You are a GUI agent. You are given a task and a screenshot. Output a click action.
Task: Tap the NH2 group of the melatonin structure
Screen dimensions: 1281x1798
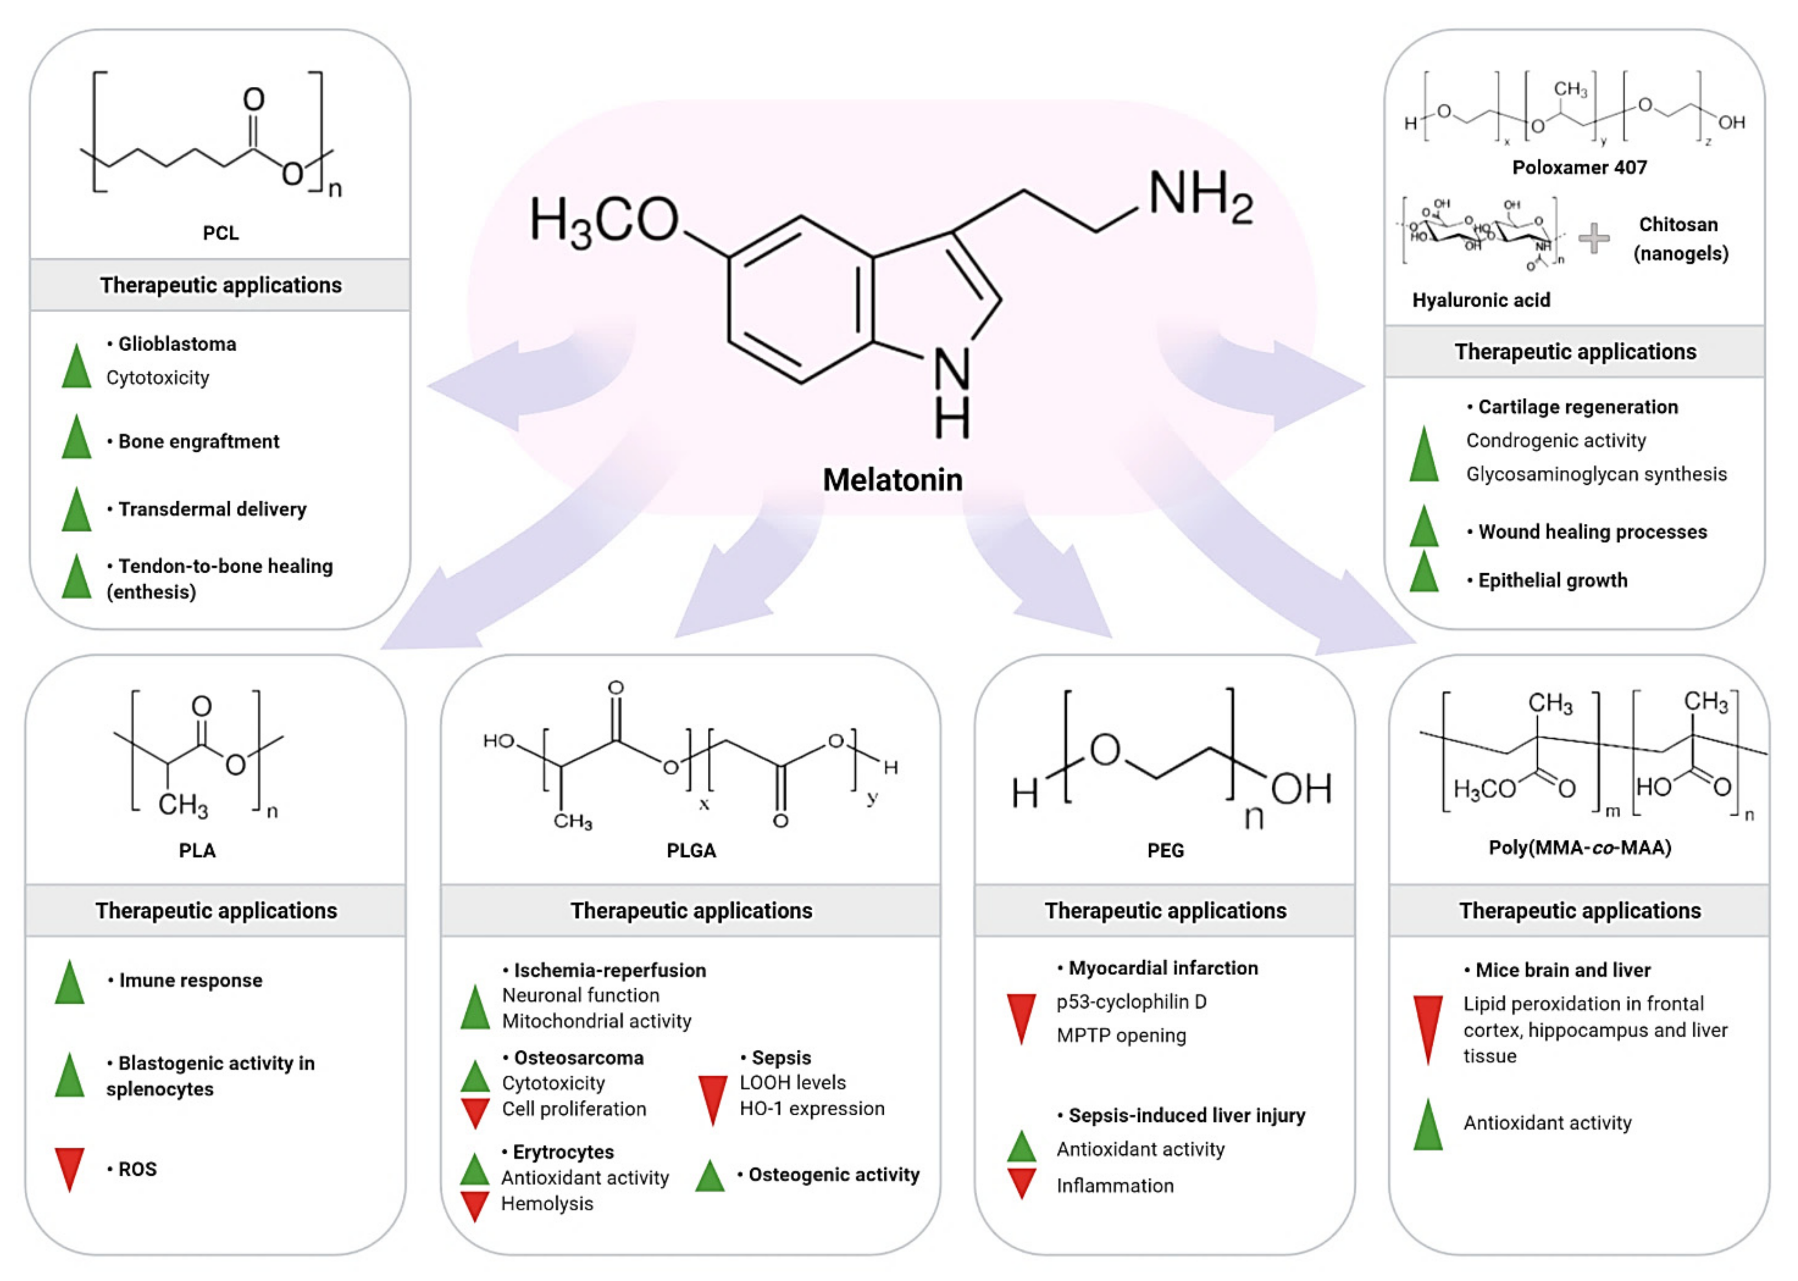coord(1199,195)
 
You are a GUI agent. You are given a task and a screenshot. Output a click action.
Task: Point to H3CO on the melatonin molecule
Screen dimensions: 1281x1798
coord(603,221)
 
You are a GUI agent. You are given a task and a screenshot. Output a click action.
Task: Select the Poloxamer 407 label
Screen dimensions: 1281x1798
coord(1579,167)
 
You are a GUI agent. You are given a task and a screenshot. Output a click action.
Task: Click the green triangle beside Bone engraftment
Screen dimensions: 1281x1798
coord(77,438)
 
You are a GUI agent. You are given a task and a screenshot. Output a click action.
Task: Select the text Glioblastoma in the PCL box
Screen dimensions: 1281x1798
coord(177,344)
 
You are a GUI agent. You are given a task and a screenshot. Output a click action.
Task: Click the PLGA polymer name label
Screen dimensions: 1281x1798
coord(691,850)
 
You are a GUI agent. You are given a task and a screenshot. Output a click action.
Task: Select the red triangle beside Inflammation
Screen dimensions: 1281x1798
coord(1022,1184)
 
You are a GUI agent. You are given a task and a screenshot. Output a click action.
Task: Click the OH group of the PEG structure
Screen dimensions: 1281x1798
coord(1300,789)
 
